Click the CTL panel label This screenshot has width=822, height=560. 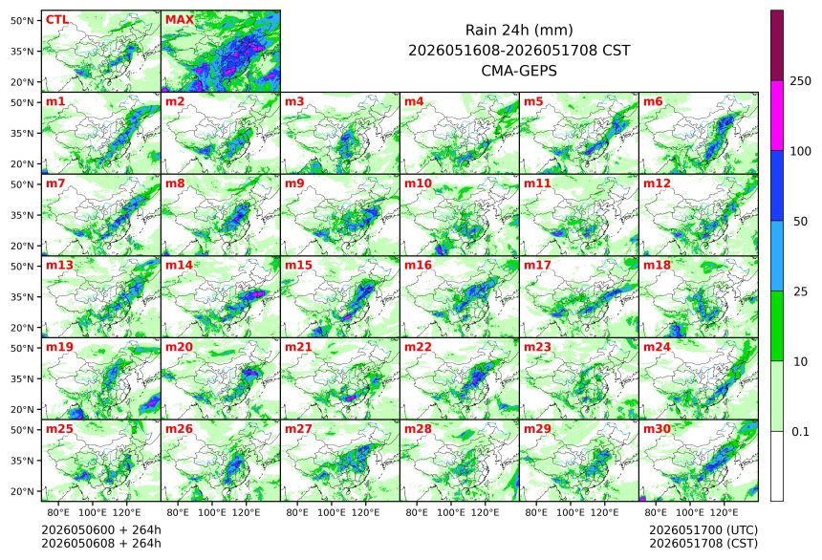point(57,20)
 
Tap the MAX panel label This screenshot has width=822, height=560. point(180,20)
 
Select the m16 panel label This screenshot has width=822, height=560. point(418,266)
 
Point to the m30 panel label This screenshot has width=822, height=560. point(657,429)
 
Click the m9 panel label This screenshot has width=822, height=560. point(294,183)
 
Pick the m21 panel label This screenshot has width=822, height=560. point(298,347)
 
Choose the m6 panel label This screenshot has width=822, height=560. point(653,101)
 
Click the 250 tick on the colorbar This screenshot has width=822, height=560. point(801,80)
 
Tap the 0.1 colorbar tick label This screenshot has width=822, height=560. point(800,432)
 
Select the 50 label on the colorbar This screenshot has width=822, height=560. point(800,222)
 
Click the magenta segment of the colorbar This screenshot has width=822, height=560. point(777,116)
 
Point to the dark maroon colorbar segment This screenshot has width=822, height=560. point(777,45)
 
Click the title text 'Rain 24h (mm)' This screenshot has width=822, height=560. point(519,31)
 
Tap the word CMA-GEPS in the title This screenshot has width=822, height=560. point(519,71)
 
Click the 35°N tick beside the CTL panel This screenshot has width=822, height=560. point(22,52)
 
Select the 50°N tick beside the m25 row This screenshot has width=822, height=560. point(22,430)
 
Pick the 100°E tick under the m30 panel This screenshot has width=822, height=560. point(690,512)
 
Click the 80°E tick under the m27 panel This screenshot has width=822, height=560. point(297,512)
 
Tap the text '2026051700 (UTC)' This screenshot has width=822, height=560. point(703,530)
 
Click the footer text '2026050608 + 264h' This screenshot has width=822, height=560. point(101,543)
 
